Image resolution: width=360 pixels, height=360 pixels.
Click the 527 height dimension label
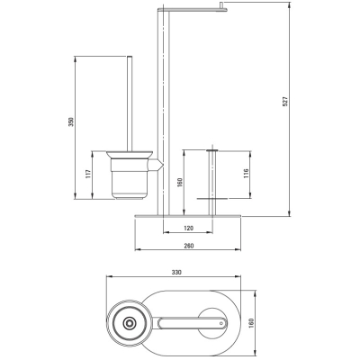point(285,101)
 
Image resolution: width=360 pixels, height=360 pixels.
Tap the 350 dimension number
point(71,121)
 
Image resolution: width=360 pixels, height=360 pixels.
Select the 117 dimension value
point(88,174)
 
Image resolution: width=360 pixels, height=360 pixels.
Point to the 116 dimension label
point(246,173)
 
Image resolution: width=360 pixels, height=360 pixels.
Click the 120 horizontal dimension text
point(188,229)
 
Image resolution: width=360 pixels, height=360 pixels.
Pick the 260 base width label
point(188,246)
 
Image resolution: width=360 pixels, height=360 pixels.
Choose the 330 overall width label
point(176,273)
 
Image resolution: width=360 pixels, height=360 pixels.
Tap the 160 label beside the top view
point(251,323)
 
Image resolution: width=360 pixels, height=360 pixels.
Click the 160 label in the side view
point(180,183)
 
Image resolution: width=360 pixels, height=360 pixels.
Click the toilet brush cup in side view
point(130,175)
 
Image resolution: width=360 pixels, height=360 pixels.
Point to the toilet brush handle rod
point(130,103)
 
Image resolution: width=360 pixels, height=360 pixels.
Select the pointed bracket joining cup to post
point(157,165)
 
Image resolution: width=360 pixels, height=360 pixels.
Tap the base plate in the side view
point(188,215)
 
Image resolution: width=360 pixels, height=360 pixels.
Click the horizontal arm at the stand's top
point(193,11)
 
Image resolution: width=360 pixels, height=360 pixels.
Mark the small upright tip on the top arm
point(221,5)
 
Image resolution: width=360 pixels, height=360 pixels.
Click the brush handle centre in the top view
point(130,323)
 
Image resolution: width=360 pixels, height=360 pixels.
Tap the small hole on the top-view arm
point(221,323)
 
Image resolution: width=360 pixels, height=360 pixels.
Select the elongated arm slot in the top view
point(193,323)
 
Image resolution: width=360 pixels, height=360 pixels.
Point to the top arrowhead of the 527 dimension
point(290,4)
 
